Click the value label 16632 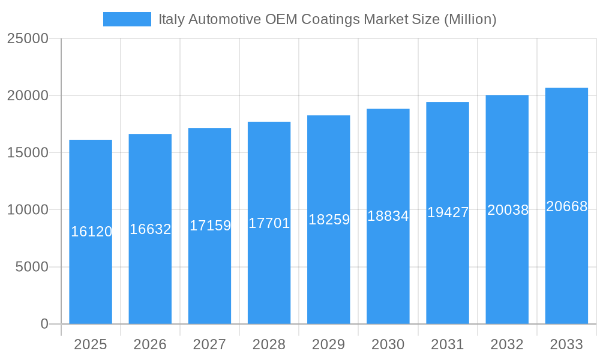[151, 229]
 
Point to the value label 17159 [210, 226]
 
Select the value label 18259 [329, 220]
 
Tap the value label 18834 [388, 216]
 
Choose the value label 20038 [508, 209]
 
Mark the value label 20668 [566, 206]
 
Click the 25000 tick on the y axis [28, 38]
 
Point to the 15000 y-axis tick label [28, 152]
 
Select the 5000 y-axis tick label [32, 267]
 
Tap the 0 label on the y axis [44, 324]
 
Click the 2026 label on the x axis [150, 344]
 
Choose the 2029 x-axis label [329, 344]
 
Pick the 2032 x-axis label [507, 344]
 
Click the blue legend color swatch [127, 19]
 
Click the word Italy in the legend [171, 19]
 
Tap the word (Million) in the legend [470, 19]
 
